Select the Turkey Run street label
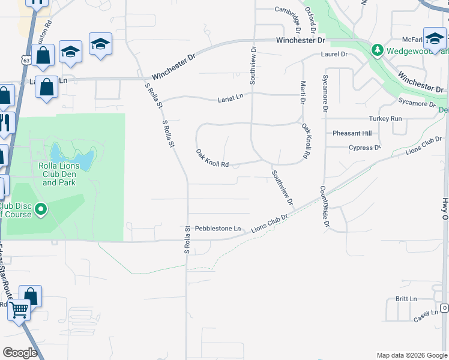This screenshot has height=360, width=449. point(387,119)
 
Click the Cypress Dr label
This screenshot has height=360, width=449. point(364,148)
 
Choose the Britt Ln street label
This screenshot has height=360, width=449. point(406,299)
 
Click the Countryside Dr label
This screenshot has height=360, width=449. point(325,207)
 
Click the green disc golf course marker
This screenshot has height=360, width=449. point(41,209)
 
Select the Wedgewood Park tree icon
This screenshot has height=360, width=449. point(377,50)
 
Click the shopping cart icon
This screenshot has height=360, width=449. point(19,310)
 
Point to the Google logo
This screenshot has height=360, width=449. point(20,353)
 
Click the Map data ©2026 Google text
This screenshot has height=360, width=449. point(411,355)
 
